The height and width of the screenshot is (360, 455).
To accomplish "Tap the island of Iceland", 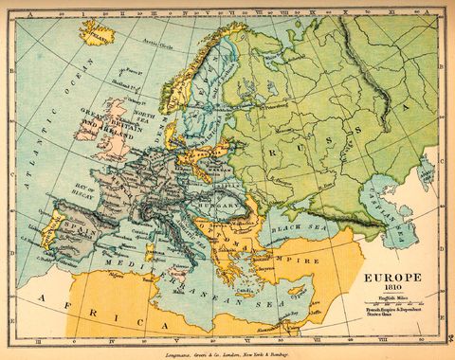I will [97, 34].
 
